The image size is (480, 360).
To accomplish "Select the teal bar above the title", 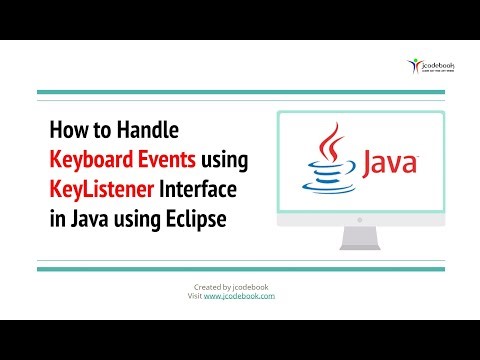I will pos(240,95).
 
